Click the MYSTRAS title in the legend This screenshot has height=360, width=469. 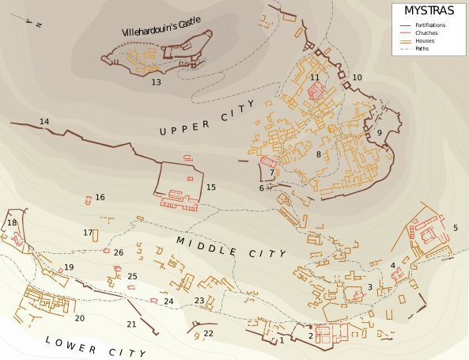[x=429, y=11]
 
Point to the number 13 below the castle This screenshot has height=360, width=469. [x=156, y=82]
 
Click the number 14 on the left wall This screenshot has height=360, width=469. [x=44, y=121]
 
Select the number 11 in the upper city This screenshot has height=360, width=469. [x=315, y=78]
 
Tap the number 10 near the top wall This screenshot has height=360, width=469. [x=357, y=78]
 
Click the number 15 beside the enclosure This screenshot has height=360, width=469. [x=211, y=188]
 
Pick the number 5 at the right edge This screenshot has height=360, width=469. [x=455, y=228]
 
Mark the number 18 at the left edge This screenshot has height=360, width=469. [x=12, y=223]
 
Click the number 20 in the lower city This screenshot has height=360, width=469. [x=79, y=318]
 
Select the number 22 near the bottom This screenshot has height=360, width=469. [x=208, y=334]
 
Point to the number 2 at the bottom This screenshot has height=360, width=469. [x=311, y=336]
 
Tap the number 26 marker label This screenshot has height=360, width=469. [x=119, y=252]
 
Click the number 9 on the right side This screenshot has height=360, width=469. [x=379, y=133]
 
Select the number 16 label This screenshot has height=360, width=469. [x=100, y=197]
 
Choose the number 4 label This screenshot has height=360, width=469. [x=392, y=265]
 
